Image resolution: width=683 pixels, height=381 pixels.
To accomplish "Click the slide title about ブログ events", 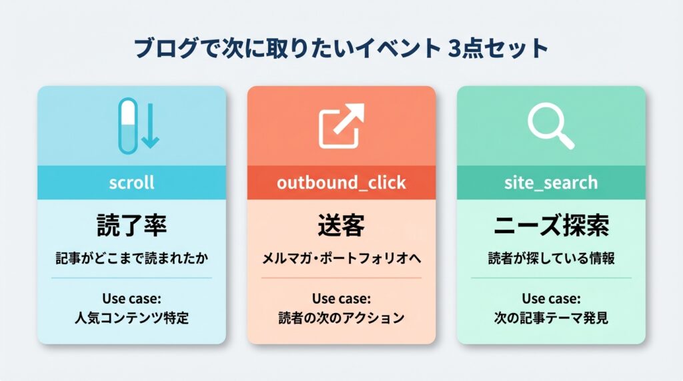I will pos(341,49).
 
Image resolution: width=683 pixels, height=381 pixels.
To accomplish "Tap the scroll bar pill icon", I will pos(127,123).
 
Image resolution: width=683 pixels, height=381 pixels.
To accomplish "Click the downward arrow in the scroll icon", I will pos(151,125).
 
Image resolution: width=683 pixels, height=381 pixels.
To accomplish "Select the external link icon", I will pos(341,125).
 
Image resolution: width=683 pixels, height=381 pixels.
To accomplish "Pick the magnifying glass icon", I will pos(550,125).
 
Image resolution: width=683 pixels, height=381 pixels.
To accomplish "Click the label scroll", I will pos(131,183).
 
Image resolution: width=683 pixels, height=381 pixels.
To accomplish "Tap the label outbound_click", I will pos(341,183).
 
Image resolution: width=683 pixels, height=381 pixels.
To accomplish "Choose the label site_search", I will pos(551,183).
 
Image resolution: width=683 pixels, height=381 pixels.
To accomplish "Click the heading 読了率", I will pos(131,226).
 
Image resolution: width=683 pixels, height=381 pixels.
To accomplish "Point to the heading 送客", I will pos(341,226).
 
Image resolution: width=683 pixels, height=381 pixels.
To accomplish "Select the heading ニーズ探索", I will pos(551,226).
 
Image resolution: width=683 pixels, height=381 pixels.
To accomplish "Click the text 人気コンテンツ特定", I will pos(131,318).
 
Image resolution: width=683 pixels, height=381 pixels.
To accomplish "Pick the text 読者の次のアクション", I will pos(341,318).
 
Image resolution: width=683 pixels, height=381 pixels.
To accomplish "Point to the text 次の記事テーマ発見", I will pos(551,318).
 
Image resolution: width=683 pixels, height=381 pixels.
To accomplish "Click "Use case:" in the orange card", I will pos(341,298).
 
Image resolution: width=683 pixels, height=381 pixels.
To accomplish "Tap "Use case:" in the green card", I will pos(551,298).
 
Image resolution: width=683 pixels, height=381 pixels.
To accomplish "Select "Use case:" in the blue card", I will pos(131,298).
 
